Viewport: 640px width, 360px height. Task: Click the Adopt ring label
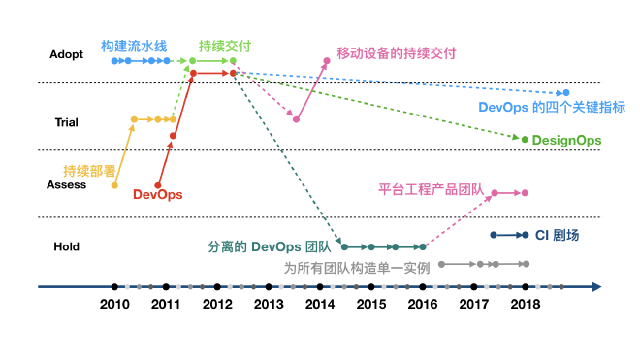(x=66, y=54)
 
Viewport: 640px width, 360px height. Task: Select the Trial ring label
(x=66, y=122)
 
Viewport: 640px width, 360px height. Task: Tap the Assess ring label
(x=66, y=184)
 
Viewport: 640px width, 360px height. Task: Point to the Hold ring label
(x=66, y=247)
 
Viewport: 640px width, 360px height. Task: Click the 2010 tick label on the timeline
(x=114, y=305)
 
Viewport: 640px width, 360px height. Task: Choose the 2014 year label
(x=319, y=305)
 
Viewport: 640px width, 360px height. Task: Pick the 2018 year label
(x=525, y=305)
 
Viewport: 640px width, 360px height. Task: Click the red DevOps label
(x=157, y=194)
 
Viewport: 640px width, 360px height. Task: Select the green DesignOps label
(x=567, y=141)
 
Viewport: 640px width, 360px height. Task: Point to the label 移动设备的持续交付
(x=396, y=53)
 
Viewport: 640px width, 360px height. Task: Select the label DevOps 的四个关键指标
(x=553, y=108)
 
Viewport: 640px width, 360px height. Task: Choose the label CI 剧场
(x=561, y=235)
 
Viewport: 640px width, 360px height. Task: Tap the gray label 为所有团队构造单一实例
(x=356, y=268)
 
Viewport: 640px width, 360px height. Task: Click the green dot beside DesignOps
(x=525, y=141)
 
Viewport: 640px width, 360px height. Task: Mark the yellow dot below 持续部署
(x=114, y=185)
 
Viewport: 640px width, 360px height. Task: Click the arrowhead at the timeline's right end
(x=595, y=286)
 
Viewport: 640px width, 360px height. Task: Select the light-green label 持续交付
(x=224, y=45)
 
